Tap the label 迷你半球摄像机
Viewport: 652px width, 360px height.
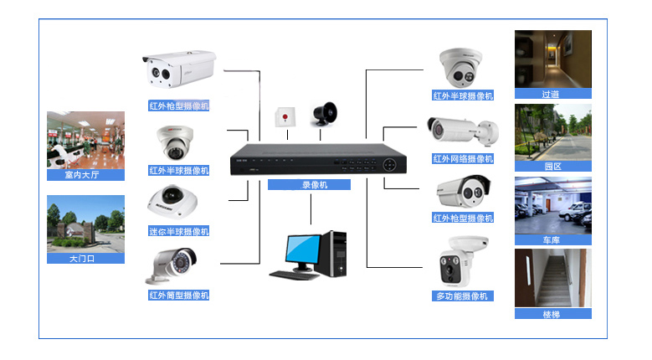[179, 231]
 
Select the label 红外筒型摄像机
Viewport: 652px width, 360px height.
[179, 295]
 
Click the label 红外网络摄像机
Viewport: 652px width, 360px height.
[463, 158]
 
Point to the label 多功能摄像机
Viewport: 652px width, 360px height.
[463, 296]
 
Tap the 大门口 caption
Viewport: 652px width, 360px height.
[85, 259]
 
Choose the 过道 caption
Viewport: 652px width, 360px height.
[552, 95]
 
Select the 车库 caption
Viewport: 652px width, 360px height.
[552, 239]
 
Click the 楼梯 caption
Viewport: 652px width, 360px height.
[552, 314]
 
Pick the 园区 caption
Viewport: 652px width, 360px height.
[552, 167]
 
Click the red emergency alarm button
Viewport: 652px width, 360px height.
[286, 117]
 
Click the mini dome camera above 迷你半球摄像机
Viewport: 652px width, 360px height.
[173, 203]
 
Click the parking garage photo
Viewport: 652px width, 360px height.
[552, 204]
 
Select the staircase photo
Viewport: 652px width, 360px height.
[552, 278]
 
